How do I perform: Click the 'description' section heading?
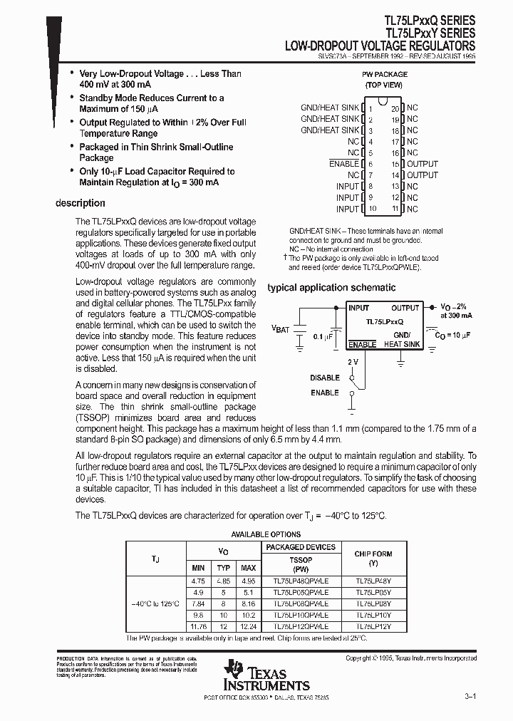click(81, 204)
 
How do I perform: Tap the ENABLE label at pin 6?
click(344, 164)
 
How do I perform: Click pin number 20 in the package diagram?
click(395, 108)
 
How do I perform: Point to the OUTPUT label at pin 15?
click(423, 164)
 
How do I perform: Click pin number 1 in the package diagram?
click(370, 108)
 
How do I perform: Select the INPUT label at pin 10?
click(348, 209)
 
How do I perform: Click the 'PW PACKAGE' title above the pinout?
click(385, 74)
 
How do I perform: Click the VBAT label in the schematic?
click(281, 329)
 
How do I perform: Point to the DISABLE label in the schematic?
click(325, 378)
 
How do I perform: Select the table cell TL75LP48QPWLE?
click(300, 581)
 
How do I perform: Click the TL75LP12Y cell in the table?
click(373, 626)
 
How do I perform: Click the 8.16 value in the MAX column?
click(247, 603)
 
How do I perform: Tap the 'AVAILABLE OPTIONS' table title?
click(266, 534)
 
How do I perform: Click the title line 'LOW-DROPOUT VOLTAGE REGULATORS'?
click(380, 45)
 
